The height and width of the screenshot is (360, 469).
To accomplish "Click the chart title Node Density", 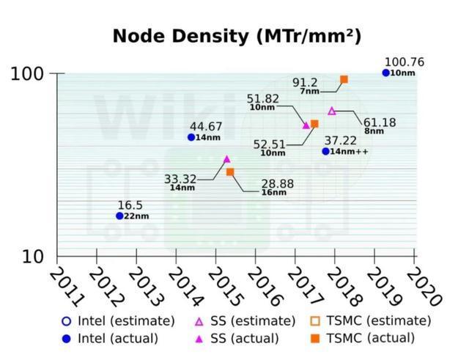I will [236, 36].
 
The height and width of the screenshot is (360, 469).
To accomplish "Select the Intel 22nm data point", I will [119, 216].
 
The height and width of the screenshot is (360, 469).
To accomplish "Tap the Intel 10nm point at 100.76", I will [386, 73].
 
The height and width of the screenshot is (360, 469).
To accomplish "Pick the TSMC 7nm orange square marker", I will [344, 79].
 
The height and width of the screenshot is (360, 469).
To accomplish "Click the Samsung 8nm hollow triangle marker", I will [332, 111].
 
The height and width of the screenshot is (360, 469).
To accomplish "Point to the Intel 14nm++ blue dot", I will [326, 151].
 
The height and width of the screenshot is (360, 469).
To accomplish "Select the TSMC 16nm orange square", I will [230, 172].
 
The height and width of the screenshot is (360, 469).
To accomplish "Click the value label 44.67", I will [206, 127].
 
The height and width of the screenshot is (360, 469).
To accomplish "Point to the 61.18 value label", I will [380, 122].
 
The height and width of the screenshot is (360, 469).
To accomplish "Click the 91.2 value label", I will [305, 83].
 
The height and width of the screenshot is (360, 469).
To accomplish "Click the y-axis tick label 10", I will [34, 256].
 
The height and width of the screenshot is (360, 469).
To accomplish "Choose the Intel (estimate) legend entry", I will [118, 320].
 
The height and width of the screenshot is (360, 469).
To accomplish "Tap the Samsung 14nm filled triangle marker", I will [226, 159].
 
